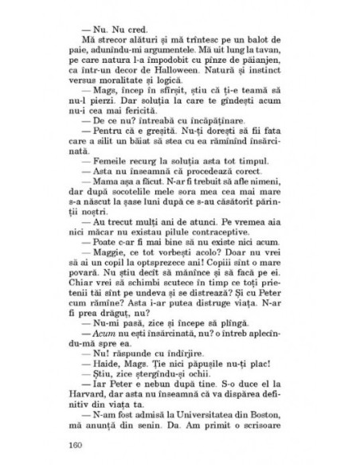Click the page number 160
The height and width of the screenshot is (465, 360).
(77, 444)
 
